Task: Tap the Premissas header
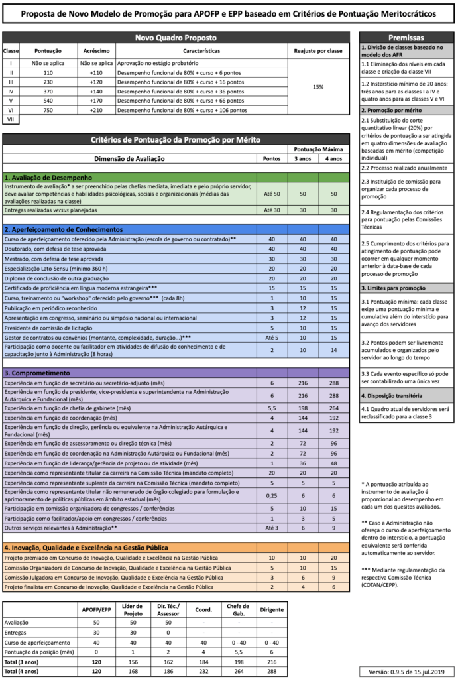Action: (x=407, y=38)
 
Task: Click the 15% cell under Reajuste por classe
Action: (x=317, y=86)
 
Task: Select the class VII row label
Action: (x=11, y=119)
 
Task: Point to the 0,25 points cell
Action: (x=272, y=495)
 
